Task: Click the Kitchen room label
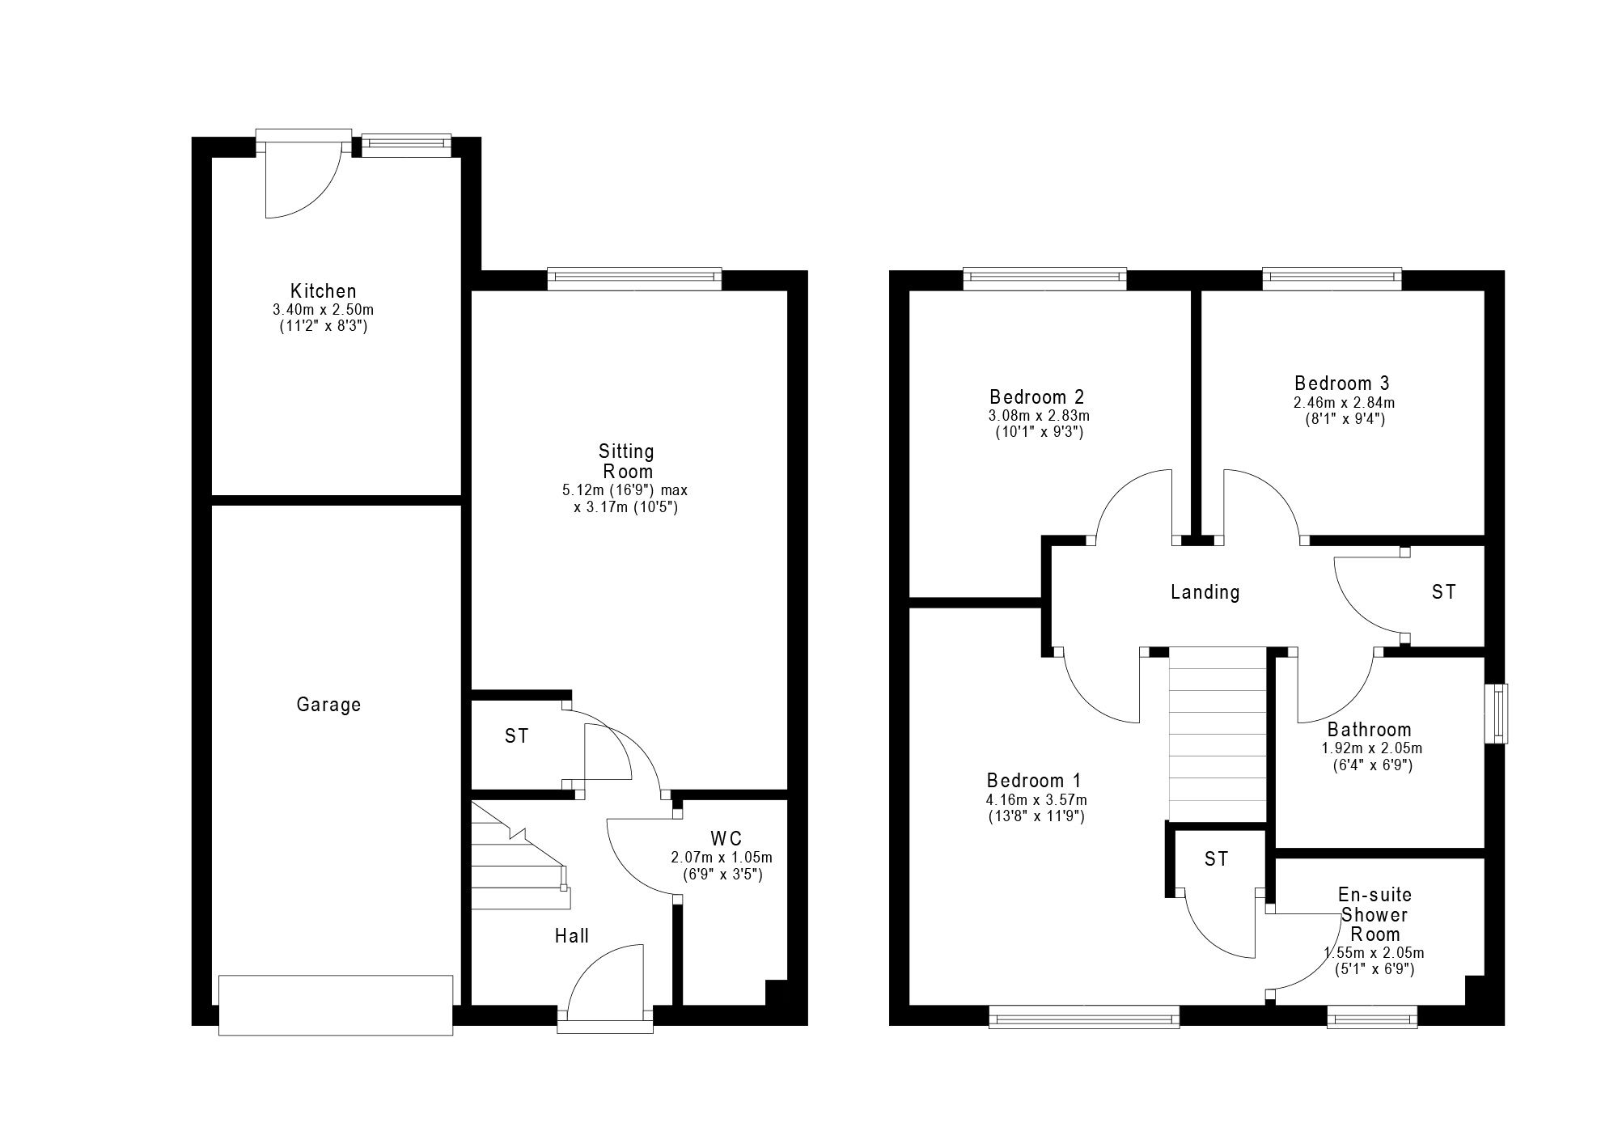324,291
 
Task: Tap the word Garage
328,705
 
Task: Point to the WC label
726,838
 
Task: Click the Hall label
572,936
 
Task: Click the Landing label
1205,592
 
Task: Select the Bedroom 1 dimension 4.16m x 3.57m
1036,800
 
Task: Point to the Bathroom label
1370,730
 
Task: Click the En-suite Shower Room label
1375,915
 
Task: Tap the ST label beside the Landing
1444,592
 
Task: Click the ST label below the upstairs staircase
1217,858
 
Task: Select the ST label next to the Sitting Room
517,735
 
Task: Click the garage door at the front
336,1005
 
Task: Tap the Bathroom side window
1502,714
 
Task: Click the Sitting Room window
634,279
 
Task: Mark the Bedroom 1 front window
1084,1016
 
